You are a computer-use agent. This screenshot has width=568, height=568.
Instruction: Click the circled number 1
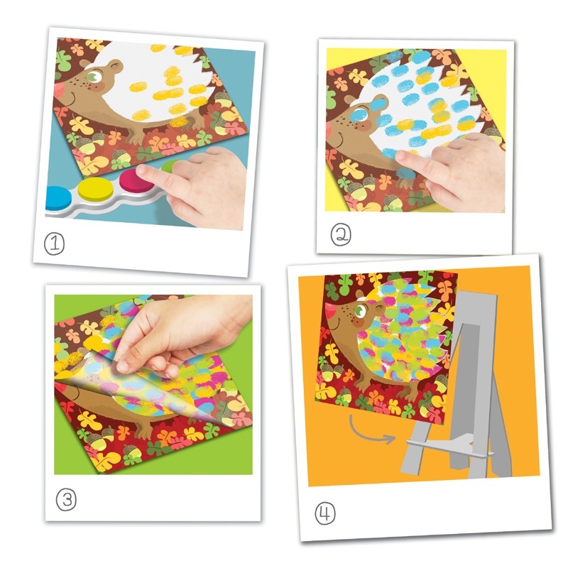(x=55, y=244)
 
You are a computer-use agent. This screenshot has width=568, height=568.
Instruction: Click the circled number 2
(x=341, y=234)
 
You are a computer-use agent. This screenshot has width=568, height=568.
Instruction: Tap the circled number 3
(x=66, y=500)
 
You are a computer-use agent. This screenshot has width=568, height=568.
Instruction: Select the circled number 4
(x=325, y=513)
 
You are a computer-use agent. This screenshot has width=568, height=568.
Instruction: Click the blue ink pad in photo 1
(x=58, y=197)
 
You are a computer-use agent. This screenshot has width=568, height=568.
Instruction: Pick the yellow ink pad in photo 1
(x=96, y=190)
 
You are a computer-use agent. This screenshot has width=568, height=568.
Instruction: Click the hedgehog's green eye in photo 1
(x=95, y=77)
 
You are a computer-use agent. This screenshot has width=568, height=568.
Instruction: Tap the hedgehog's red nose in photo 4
(x=330, y=310)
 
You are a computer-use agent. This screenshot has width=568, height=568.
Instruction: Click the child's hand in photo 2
(x=453, y=170)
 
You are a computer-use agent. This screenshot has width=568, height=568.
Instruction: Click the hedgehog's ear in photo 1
(x=84, y=64)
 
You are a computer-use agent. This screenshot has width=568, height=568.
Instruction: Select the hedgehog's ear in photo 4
(x=360, y=293)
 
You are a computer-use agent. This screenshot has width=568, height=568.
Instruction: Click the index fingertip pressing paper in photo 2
(x=401, y=156)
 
